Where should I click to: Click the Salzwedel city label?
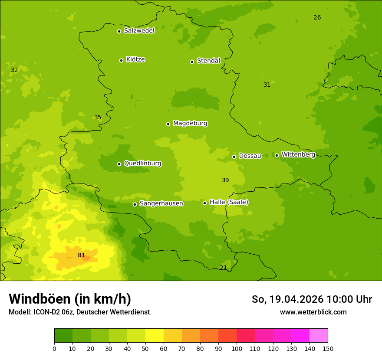coord(139,31)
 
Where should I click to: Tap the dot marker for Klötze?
coord(121,60)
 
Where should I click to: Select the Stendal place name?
coord(208,61)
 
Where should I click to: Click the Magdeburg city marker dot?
coord(168,124)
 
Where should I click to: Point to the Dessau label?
coord(250,156)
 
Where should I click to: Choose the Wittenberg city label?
coord(298,154)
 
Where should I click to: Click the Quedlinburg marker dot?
coord(119,164)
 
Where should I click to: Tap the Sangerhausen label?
coord(161,203)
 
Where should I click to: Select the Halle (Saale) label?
coord(229,202)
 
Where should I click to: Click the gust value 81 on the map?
coord(81,255)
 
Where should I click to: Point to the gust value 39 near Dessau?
coord(225,180)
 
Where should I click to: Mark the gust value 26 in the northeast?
coord(317,17)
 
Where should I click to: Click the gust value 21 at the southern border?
coord(223,268)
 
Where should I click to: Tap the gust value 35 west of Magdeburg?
coord(98,117)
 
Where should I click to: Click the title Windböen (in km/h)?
coord(70,299)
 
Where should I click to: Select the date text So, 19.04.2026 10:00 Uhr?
coord(312,299)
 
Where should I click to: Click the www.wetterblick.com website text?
coord(313,312)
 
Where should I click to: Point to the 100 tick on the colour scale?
coord(237,348)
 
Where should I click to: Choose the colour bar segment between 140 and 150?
coord(319,336)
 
